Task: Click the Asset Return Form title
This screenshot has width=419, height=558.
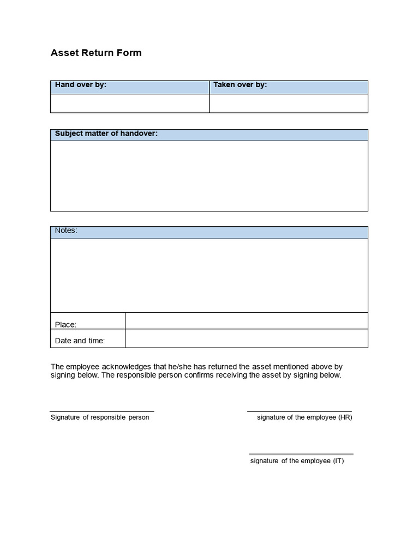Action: [96, 53]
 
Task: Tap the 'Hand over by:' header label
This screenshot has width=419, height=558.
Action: [81, 85]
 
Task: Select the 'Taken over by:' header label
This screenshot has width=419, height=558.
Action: [240, 85]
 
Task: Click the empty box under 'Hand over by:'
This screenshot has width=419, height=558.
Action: [130, 103]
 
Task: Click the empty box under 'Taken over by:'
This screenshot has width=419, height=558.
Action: [289, 103]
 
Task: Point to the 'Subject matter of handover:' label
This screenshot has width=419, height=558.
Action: [106, 134]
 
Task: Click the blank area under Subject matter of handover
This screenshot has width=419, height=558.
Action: [209, 175]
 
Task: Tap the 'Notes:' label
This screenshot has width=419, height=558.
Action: [66, 231]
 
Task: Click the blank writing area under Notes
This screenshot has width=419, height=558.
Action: [209, 275]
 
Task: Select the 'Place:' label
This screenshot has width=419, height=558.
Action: [65, 325]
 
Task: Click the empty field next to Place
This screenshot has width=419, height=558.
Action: [247, 321]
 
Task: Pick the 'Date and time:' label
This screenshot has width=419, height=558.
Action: [80, 341]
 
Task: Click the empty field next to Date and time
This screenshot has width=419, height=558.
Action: [247, 338]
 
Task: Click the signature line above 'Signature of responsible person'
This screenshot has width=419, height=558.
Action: [102, 411]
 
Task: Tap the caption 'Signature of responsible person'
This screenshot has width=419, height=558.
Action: [100, 417]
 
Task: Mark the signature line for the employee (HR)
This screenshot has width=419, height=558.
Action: [300, 411]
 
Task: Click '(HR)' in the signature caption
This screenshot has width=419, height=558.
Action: [345, 417]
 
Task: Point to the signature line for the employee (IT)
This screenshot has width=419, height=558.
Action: [301, 454]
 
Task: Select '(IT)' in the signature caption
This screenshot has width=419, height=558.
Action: [338, 461]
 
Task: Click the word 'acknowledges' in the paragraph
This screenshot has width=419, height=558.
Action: [121, 367]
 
